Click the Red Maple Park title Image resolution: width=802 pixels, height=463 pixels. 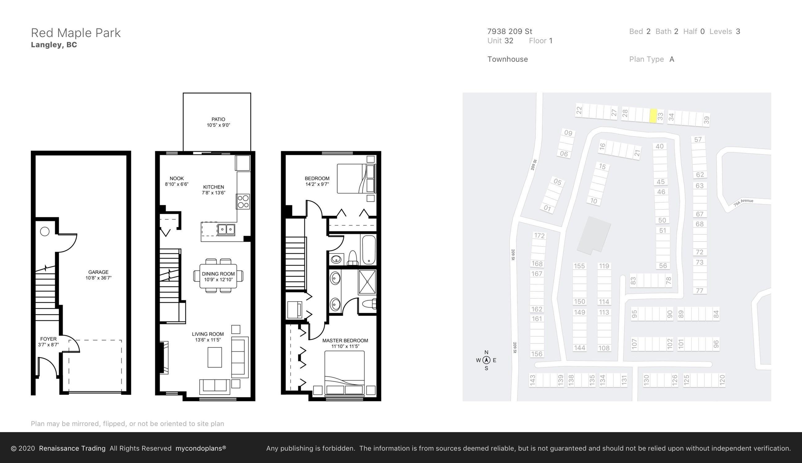coord(76,33)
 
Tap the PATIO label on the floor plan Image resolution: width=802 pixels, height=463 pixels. coord(218,119)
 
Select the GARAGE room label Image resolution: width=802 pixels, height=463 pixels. coord(98,272)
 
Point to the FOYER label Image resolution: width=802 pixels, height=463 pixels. coord(48,339)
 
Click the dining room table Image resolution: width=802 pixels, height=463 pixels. coord(218,276)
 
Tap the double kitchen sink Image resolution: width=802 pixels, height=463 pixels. coord(226,229)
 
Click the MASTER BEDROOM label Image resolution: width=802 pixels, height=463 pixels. coord(345,340)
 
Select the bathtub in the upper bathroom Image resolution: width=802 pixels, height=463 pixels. coord(369,250)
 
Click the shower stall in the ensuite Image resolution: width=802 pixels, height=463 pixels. coord(367,282)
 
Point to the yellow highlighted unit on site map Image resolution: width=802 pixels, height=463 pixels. coord(653,116)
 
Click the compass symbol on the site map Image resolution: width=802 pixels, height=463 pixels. coord(486,360)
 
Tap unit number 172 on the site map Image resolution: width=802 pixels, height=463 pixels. coord(539,236)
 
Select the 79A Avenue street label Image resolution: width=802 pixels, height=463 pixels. coord(743,203)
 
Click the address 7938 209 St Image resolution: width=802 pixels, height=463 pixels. coord(510,31)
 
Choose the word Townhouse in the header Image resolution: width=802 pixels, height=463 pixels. coord(507,59)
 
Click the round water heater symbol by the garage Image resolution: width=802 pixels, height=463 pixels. coord(45,231)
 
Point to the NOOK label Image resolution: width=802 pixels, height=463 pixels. coord(177,178)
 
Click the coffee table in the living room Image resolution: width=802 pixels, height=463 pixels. coord(215,357)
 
